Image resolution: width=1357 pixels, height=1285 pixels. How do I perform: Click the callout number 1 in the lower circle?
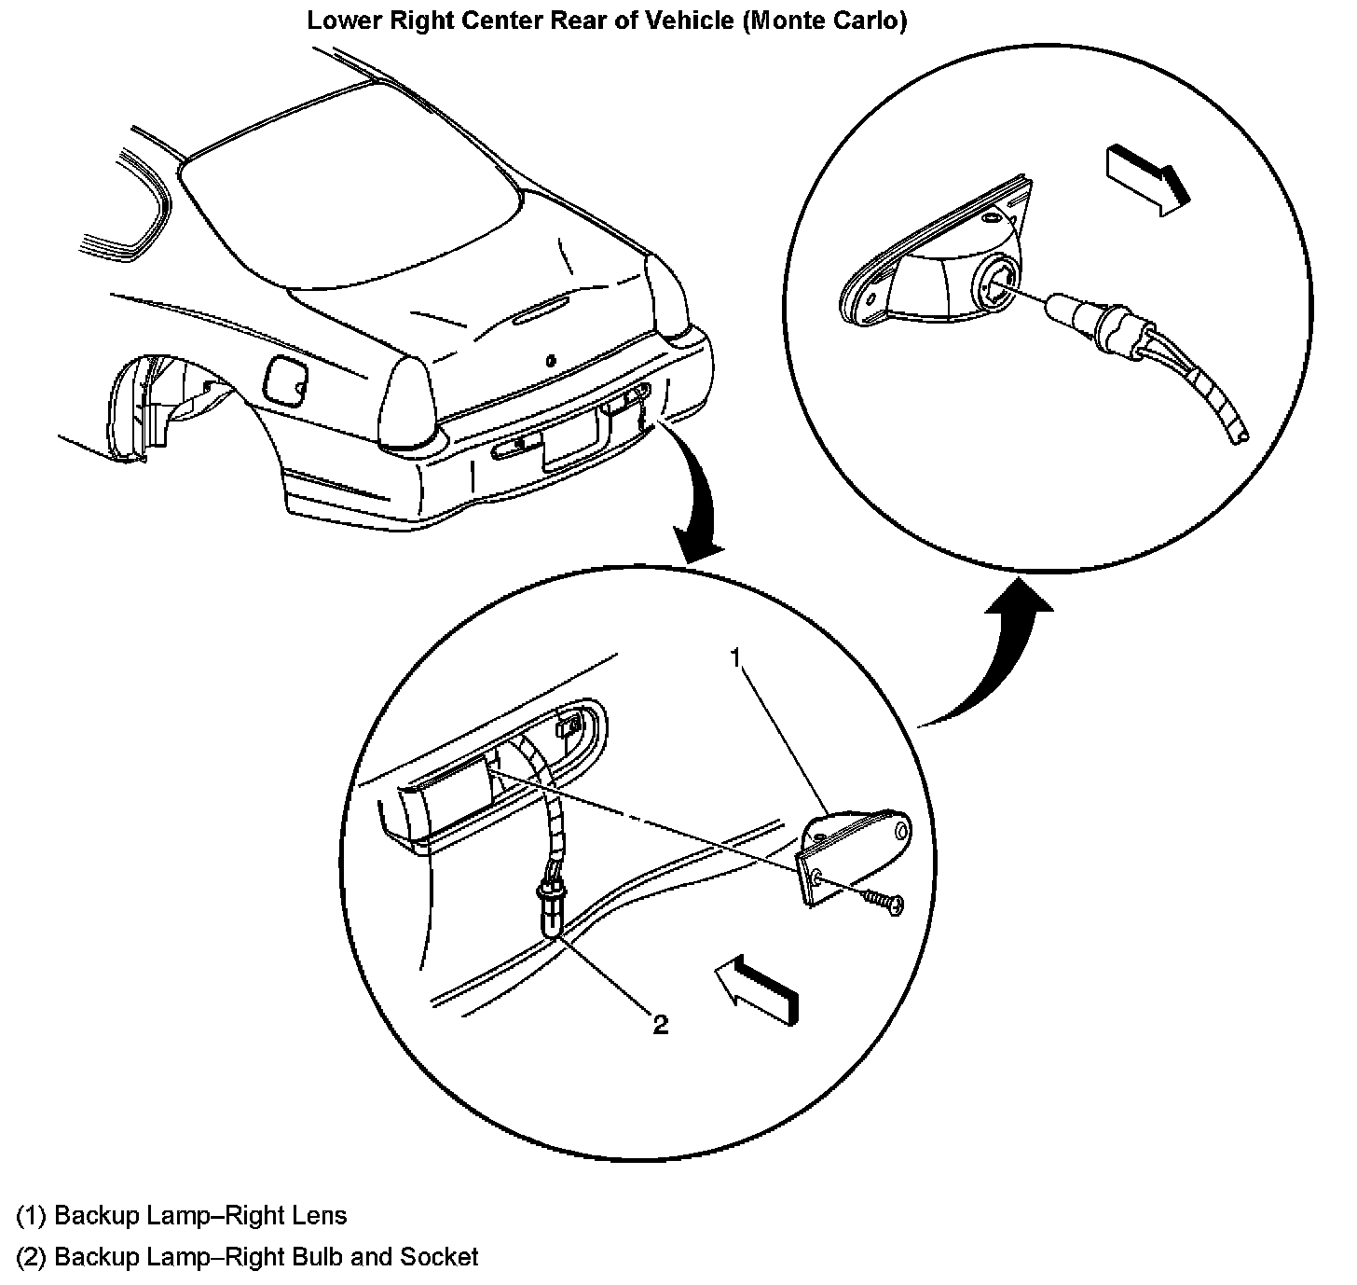pyautogui.click(x=735, y=658)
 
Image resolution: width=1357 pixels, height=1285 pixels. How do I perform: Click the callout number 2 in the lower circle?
pyautogui.click(x=660, y=1025)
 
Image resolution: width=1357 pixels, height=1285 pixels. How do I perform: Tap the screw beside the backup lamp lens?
pyautogui.click(x=880, y=900)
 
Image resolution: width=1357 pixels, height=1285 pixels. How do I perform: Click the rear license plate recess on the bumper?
pyautogui.click(x=570, y=438)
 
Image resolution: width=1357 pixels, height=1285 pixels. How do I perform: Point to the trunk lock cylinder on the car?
pyautogui.click(x=551, y=359)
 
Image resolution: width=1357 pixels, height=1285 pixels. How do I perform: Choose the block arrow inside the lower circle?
pyautogui.click(x=756, y=990)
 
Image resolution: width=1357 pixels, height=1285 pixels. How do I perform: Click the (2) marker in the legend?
pyautogui.click(x=31, y=1256)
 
